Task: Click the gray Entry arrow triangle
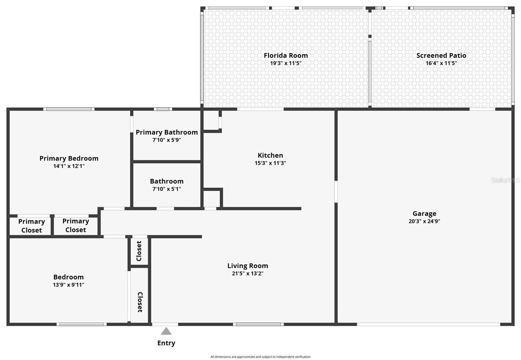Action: [166, 331]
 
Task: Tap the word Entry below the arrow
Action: [166, 343]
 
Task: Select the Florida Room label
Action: [286, 55]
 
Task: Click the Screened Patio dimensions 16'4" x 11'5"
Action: [441, 63]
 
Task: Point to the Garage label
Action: [424, 214]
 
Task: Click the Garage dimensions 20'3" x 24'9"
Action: [424, 221]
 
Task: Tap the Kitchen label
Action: [270, 155]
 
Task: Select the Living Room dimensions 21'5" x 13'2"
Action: [247, 273]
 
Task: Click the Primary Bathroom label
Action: [167, 132]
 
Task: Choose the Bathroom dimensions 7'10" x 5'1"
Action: [167, 189]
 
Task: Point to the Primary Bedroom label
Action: [69, 158]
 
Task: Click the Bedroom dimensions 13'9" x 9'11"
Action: [68, 285]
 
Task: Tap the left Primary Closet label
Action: [31, 226]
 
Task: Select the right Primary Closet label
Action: [76, 225]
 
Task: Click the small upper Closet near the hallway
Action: [139, 251]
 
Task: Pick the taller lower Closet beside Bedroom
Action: [140, 302]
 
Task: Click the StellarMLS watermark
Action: [505, 180]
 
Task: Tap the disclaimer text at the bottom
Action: [260, 357]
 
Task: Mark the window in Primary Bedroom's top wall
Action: [69, 109]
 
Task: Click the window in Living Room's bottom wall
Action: [258, 324]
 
